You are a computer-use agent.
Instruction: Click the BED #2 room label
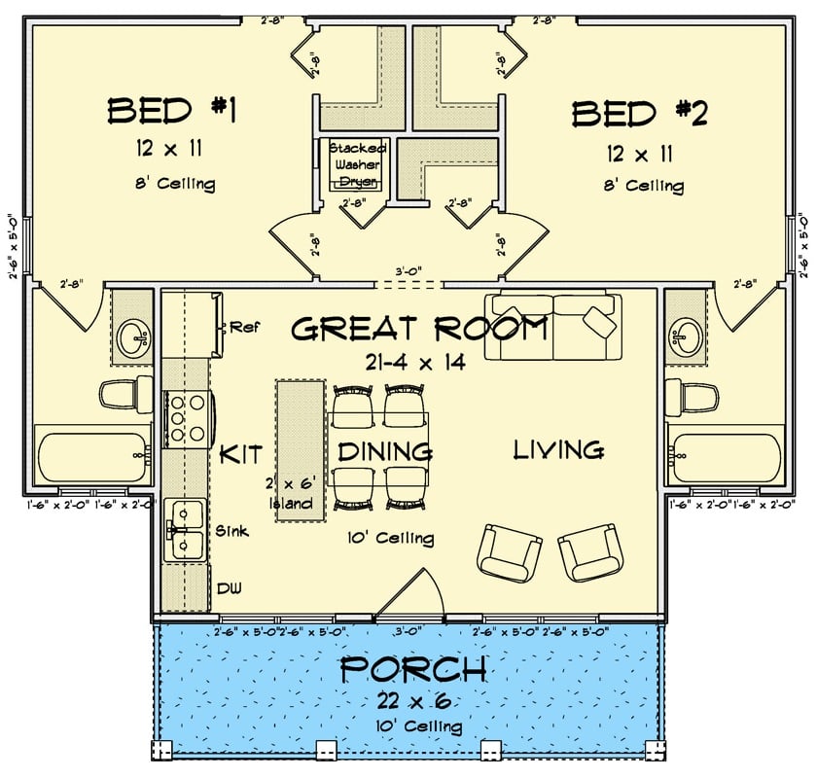[x=639, y=114]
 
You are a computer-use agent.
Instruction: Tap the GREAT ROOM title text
[x=420, y=329]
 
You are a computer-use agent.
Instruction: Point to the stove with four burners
[x=186, y=416]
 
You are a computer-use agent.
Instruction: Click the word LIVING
[x=558, y=450]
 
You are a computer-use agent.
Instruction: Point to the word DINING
[x=384, y=451]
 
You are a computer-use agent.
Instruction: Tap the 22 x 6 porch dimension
[x=414, y=701]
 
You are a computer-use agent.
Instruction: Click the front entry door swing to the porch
[x=412, y=595]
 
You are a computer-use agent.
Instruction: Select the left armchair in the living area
[x=509, y=551]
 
